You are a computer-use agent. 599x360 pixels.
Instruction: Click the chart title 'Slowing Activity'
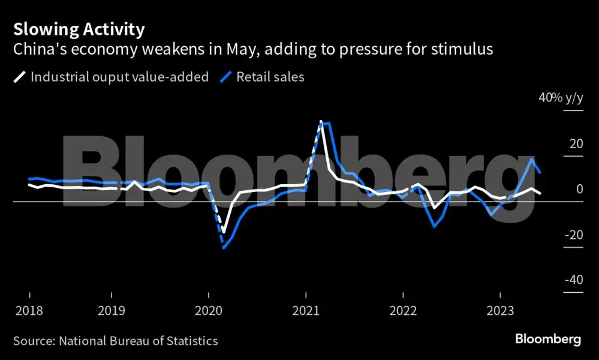[79, 29]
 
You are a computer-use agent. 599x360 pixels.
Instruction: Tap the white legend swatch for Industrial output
[19, 77]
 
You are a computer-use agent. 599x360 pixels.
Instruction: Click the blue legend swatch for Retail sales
[226, 77]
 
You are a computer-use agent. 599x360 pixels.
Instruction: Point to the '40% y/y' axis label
[561, 97]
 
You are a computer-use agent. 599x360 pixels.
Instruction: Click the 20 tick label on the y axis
[576, 143]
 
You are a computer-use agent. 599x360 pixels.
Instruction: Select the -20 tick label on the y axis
[574, 234]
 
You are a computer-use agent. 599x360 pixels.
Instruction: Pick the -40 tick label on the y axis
[574, 280]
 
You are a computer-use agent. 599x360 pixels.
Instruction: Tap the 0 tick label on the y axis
[580, 189]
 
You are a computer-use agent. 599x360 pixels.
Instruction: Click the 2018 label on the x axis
[29, 310]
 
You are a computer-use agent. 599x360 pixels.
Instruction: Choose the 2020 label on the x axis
[209, 310]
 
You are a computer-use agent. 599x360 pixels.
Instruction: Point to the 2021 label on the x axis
[306, 310]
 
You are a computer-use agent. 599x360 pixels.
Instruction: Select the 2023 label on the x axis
[500, 310]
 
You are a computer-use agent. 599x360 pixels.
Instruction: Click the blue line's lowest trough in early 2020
[224, 248]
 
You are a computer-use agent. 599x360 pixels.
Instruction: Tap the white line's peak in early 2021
[321, 122]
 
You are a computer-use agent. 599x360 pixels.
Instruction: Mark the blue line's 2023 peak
[531, 158]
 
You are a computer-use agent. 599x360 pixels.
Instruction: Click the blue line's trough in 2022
[434, 226]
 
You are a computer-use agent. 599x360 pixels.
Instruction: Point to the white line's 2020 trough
[224, 232]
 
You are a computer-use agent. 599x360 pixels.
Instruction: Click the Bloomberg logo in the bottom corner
[548, 340]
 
